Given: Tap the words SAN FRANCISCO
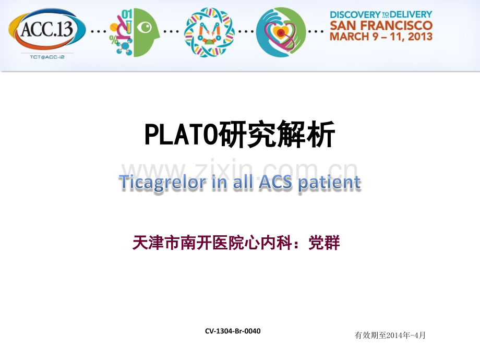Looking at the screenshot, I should (x=381, y=25).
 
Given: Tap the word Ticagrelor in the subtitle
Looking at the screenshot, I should (x=160, y=183).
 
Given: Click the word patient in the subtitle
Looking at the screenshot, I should (x=330, y=183).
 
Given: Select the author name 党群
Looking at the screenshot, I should (x=325, y=243).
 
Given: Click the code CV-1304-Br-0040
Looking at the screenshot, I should (x=233, y=331).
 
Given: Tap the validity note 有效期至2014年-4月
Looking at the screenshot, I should (x=390, y=335).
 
